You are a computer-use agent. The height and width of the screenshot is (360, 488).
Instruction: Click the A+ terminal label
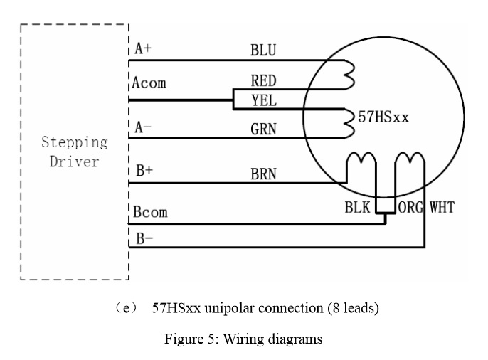pos(143,49)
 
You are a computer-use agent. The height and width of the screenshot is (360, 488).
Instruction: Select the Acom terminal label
pos(149,83)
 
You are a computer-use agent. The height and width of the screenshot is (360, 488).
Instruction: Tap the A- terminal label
pos(143,128)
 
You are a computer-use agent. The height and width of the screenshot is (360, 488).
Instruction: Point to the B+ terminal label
pos(143,171)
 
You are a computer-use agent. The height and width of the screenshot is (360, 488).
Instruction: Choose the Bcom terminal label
pos(150,213)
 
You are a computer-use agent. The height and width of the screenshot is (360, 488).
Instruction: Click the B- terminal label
pos(143,239)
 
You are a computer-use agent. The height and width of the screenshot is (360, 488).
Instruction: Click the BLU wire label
pos(263,51)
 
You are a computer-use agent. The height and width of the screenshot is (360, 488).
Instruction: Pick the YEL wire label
pos(263,101)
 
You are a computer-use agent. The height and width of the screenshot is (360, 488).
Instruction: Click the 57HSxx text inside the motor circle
pos(383,117)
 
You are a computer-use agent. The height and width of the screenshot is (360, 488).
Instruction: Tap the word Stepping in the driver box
pos(75,142)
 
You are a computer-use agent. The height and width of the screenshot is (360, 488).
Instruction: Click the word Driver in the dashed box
pos(75,162)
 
